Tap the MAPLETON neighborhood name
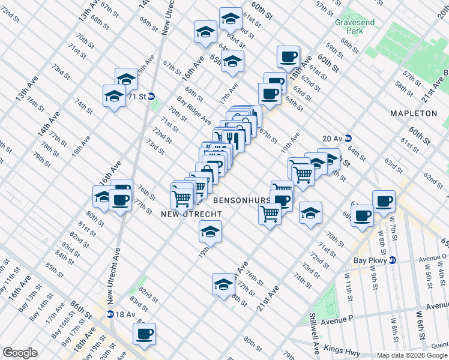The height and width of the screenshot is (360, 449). point(414,113)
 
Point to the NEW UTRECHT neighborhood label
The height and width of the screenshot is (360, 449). point(191,214)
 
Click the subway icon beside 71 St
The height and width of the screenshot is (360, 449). point(152,96)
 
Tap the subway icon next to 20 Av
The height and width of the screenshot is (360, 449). point(348,137)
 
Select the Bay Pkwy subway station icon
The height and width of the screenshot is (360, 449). point(392,260)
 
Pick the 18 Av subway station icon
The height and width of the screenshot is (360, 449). point(110,314)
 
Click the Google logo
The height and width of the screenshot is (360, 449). point(19,353)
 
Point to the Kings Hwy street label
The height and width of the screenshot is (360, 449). point(340,349)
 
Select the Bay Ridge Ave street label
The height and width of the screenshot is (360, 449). point(193,109)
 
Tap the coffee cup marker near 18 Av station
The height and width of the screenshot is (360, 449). point(144,334)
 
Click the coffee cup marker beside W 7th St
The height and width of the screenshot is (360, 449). point(384,200)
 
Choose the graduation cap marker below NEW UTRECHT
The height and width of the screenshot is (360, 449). point(210,231)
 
